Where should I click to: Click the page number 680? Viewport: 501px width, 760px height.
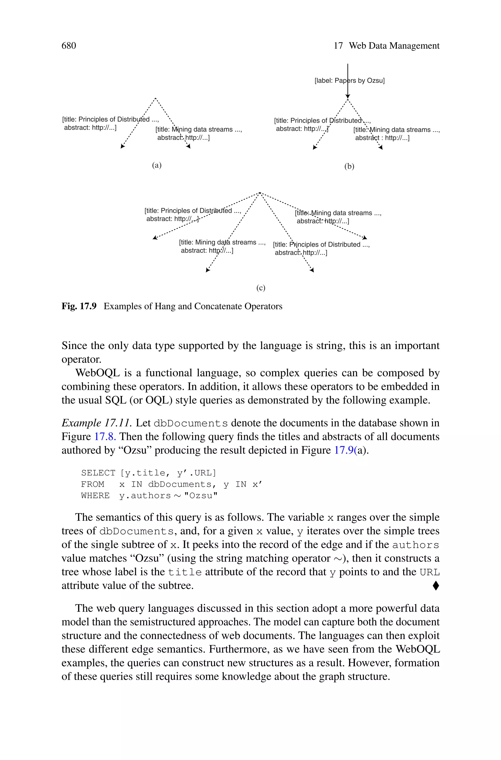(69, 46)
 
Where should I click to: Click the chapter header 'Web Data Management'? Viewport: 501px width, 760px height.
(394, 46)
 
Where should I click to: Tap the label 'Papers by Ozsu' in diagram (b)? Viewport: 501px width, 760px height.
(350, 81)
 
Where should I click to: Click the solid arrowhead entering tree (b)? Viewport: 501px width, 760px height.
(348, 96)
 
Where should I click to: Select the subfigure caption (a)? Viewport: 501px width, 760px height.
(157, 165)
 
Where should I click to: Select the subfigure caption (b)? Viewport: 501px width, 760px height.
(349, 166)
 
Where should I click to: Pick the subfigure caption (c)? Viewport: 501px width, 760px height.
(261, 288)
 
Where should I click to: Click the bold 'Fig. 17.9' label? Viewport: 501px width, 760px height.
(79, 306)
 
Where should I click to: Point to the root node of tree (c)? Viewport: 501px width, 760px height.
(260, 193)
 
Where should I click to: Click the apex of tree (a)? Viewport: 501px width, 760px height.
(155, 98)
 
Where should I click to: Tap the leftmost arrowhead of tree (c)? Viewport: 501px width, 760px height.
(155, 237)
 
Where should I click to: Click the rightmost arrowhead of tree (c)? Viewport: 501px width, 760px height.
(365, 237)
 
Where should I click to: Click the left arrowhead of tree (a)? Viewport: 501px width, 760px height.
(122, 146)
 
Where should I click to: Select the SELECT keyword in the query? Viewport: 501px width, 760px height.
(98, 473)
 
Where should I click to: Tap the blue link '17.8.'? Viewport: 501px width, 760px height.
(105, 437)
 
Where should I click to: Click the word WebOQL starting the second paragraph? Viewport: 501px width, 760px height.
(93, 373)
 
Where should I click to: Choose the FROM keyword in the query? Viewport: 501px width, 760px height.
(93, 484)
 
